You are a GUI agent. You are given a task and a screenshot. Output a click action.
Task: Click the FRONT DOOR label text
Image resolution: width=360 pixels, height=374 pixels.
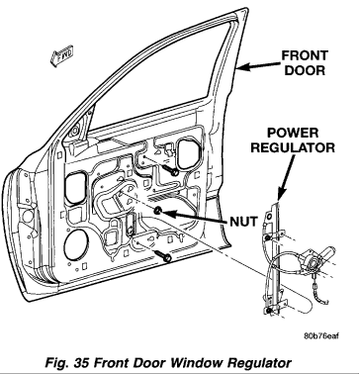coord(305,62)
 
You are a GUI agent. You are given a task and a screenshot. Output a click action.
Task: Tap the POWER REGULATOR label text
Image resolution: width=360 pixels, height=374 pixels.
coord(293,140)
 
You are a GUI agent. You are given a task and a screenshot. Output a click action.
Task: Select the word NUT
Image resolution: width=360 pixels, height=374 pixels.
coord(243,222)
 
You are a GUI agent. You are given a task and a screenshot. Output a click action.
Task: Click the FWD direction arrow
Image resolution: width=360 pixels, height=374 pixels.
coord(61,56)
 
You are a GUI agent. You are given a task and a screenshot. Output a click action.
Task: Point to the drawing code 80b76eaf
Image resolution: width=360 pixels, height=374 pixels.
coord(321,336)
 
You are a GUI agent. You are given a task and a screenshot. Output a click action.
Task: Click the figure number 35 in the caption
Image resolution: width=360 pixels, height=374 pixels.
coord(82,363)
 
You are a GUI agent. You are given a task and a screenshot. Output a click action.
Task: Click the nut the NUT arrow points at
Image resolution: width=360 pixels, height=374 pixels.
coord(158,211)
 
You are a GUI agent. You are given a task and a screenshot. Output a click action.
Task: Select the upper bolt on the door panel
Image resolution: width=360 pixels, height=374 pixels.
coord(172,171)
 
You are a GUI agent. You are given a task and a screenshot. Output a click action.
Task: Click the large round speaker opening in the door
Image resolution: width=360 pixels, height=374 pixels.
coord(76,243)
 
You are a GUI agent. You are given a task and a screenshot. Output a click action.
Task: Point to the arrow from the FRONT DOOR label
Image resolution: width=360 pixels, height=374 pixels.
coord(259,66)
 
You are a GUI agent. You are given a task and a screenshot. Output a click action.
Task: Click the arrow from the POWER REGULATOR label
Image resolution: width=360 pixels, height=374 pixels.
coord(286,177)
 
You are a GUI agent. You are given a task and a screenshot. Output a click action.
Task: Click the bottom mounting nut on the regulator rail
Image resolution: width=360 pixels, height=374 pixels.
coord(269,311)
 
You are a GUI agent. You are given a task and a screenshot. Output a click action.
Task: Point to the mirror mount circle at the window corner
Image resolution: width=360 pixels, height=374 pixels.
coord(75,130)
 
